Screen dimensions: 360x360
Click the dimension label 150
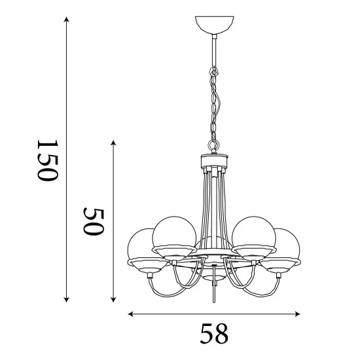[48, 160]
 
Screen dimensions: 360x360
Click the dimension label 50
[94, 221]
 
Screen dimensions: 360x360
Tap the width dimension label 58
[214, 333]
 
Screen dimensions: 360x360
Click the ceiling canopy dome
[215, 24]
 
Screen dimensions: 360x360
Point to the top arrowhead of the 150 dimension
[67, 19]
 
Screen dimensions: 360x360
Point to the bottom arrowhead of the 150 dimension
[67, 299]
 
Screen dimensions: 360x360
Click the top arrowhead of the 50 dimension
[113, 143]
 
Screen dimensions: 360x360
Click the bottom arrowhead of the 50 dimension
[113, 299]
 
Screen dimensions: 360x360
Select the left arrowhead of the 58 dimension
[131, 314]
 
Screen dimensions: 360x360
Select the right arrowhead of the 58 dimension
[297, 314]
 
